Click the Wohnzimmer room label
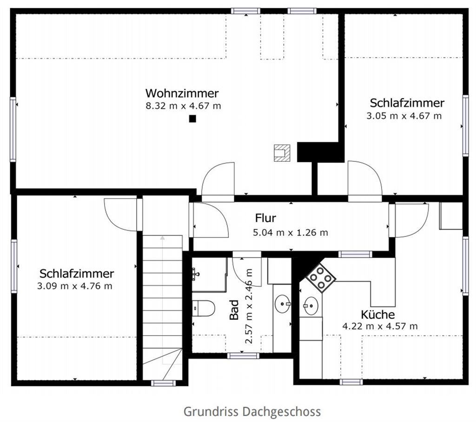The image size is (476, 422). pos(182,93)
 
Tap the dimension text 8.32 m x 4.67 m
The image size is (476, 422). pos(183,106)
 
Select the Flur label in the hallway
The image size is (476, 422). pos(265,218)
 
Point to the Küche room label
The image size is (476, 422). pos(378,314)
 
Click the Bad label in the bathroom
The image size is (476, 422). pos(234,310)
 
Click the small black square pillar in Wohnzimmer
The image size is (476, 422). pos(192,119)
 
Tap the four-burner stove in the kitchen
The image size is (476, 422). pos(321,278)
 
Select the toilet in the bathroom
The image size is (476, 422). pos(204,308)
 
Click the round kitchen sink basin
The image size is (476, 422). pos(311,306)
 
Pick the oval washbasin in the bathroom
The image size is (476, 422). pos(283,303)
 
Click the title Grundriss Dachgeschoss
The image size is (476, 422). pos(252,412)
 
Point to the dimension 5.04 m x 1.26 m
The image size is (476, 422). pos(291,232)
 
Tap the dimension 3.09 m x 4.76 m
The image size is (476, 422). pos(75,286)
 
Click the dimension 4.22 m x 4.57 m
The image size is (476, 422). pos(380,326)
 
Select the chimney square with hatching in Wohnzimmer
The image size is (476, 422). pos(282,153)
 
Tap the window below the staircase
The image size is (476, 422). pos(163,383)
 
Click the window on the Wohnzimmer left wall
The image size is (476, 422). pos(13,130)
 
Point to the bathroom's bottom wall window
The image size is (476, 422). pos(243,356)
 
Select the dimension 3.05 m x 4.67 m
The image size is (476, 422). pos(404,116)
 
